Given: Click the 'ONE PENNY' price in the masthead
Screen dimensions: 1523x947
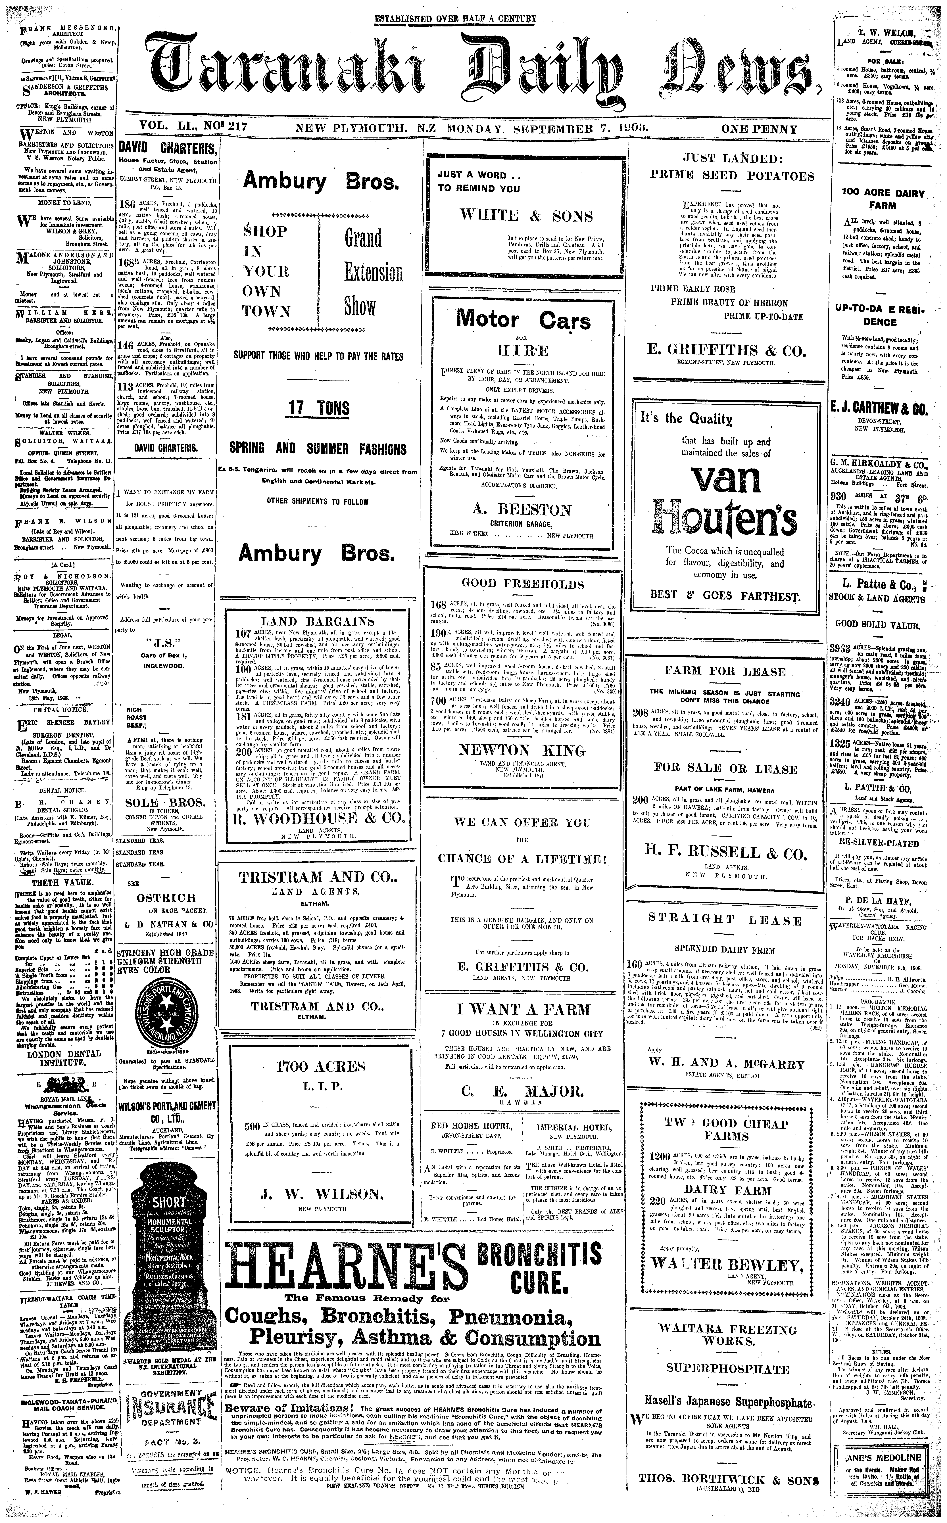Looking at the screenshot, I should pos(759,130).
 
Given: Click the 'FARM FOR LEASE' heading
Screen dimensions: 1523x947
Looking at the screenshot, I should pos(725,671).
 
